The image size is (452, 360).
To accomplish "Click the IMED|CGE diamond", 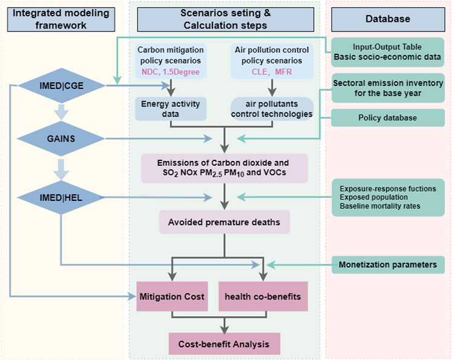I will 61,87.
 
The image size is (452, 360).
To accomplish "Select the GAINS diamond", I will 61,139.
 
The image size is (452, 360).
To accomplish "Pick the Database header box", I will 387,19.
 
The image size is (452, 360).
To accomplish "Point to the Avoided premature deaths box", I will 224,222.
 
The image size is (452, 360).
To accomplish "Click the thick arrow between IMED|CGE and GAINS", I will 61,111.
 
